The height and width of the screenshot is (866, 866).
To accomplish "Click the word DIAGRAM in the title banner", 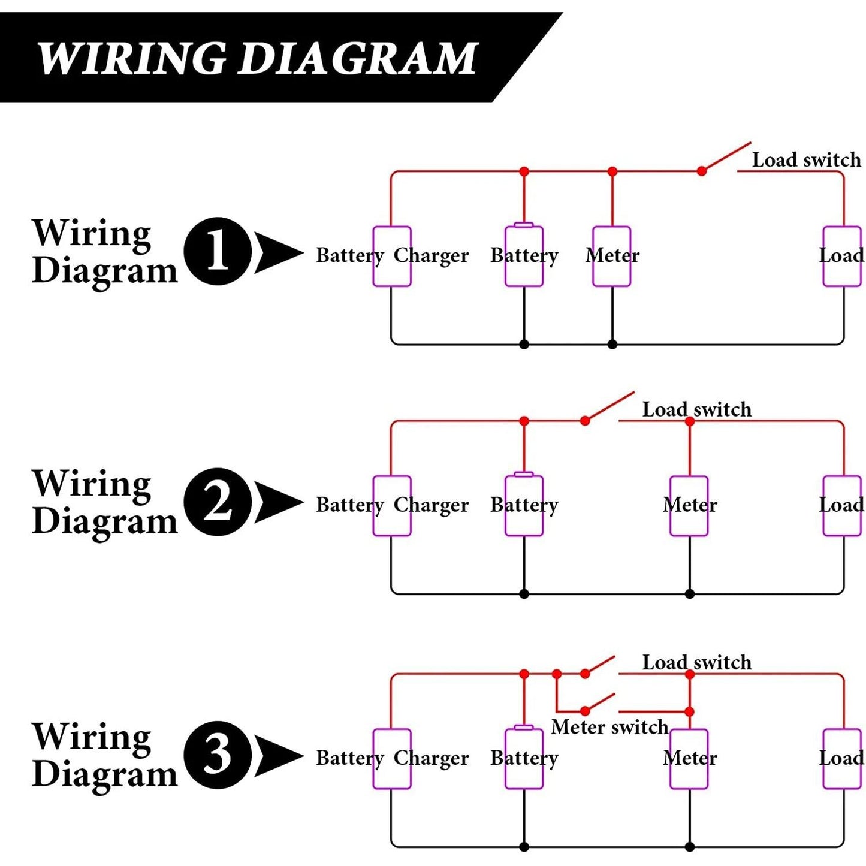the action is point(357,58).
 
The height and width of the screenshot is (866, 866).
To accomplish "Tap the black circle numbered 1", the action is point(218,251).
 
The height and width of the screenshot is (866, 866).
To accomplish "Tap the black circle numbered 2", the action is point(218,502).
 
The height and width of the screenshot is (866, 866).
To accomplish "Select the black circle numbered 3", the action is point(218,755).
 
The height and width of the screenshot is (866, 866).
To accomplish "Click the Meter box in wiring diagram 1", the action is point(611,256).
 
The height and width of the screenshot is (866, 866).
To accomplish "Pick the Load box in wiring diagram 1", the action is point(842,256).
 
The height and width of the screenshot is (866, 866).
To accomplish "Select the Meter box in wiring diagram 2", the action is point(689,506).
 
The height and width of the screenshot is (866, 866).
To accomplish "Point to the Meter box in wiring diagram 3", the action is point(689,759).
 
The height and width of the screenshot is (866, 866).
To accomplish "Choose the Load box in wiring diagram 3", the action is point(842,759).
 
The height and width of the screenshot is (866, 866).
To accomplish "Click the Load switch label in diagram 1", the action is point(806,160).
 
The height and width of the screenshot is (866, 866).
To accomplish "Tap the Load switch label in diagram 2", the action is point(696,409).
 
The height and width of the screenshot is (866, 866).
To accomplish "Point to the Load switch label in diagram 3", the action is point(696,662).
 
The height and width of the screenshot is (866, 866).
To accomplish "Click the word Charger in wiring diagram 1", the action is point(431,256).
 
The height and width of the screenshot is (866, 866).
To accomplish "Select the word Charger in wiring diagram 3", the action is point(431,758).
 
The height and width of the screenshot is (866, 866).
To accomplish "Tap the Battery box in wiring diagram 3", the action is point(524,758).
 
